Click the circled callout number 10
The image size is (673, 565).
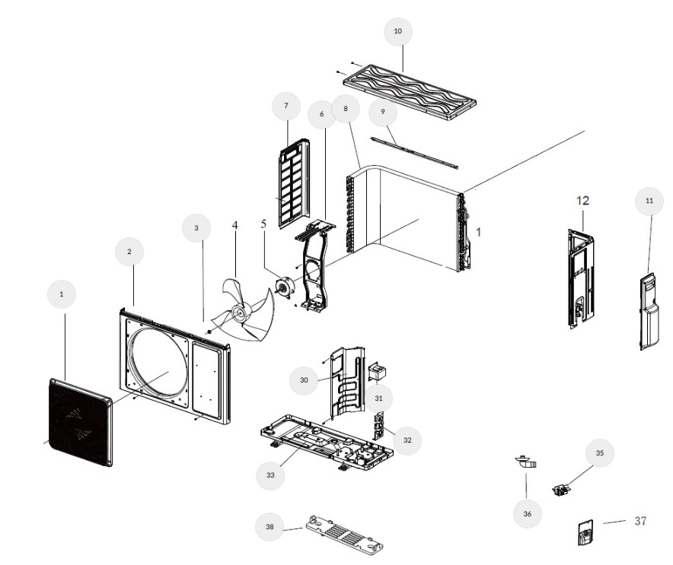pyautogui.click(x=398, y=31)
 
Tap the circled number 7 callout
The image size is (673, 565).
pyautogui.click(x=286, y=106)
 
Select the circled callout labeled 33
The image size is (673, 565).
pyautogui.click(x=270, y=475)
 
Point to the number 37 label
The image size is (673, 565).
pyautogui.click(x=640, y=521)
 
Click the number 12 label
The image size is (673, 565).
pyautogui.click(x=582, y=201)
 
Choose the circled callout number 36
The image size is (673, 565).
pyautogui.click(x=528, y=513)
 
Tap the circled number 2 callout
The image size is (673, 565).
pyautogui.click(x=129, y=252)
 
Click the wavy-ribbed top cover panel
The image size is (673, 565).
pyautogui.click(x=410, y=93)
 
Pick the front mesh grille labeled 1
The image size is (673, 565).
pyautogui.click(x=81, y=422)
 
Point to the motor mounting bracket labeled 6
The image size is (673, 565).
pyautogui.click(x=316, y=265)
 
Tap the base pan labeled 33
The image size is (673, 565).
pyautogui.click(x=326, y=443)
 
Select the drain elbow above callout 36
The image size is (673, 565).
pyautogui.click(x=526, y=462)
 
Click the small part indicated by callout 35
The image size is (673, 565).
pyautogui.click(x=560, y=489)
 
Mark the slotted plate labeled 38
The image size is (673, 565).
pyautogui.click(x=344, y=535)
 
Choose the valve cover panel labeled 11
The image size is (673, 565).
pyautogui.click(x=649, y=312)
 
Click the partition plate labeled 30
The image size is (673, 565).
pyautogui.click(x=348, y=381)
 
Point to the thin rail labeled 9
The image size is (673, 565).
pyautogui.click(x=414, y=153)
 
